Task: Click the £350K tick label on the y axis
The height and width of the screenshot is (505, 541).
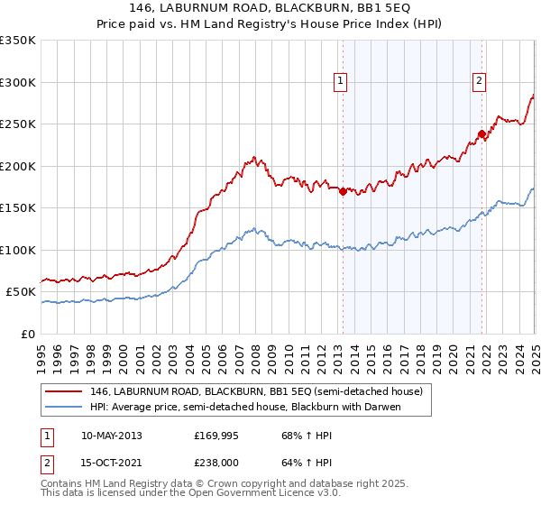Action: tap(18, 41)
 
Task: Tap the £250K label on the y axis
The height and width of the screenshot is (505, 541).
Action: tap(18, 124)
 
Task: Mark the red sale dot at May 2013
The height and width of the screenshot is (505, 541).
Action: tap(343, 191)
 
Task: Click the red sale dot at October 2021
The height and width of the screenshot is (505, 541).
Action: tap(482, 134)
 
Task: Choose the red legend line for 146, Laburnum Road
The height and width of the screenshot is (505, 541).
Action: tap(62, 391)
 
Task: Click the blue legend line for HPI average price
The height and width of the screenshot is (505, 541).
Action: tap(62, 407)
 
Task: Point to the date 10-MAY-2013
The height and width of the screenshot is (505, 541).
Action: tap(111, 436)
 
